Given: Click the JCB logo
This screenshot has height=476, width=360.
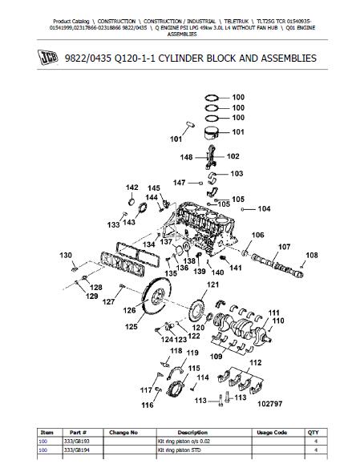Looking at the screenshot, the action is point(47,58).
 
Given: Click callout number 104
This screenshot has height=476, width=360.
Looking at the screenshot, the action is point(264,209).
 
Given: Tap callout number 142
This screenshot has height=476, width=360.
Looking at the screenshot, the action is point(131,188).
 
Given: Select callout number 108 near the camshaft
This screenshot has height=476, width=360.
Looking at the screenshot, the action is point(312,256).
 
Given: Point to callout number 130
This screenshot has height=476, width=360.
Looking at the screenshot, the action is point(66,256).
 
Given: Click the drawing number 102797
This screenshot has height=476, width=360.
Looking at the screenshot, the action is point(269,404).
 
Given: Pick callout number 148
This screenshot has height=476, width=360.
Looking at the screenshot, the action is point(186,157).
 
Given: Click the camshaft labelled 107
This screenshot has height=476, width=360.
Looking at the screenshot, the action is point(277,265).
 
